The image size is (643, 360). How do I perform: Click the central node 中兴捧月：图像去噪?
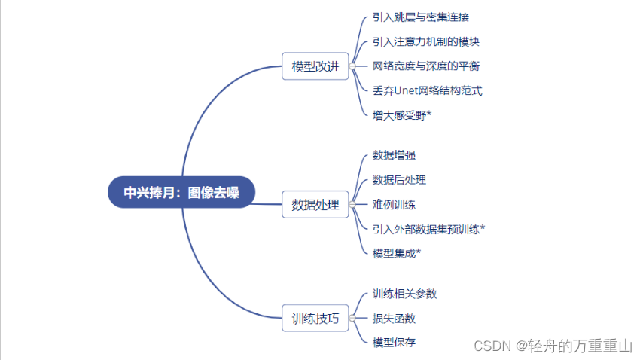[181, 192]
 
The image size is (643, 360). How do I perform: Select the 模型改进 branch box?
[315, 66]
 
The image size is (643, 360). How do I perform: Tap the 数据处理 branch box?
[315, 204]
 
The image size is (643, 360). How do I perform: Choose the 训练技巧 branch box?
[315, 318]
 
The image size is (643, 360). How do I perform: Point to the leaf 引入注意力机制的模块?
[425, 41]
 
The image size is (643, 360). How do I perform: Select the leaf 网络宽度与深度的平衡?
[425, 66]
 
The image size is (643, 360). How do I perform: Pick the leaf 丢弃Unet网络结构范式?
[427, 90]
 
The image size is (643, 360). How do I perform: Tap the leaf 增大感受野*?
[401, 114]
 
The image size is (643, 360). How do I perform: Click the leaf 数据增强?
[394, 155]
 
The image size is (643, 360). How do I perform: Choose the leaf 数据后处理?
[399, 179]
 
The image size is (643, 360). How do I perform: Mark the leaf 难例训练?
[394, 204]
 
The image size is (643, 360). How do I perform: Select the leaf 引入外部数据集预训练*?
[428, 228]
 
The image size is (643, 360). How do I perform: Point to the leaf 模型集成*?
[396, 252]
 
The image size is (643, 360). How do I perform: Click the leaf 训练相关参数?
[404, 293]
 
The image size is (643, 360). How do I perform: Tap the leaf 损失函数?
[394, 318]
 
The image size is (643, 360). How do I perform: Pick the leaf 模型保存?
[394, 342]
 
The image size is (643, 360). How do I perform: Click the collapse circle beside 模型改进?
[352, 66]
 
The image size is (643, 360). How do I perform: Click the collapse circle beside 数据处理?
[352, 204]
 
